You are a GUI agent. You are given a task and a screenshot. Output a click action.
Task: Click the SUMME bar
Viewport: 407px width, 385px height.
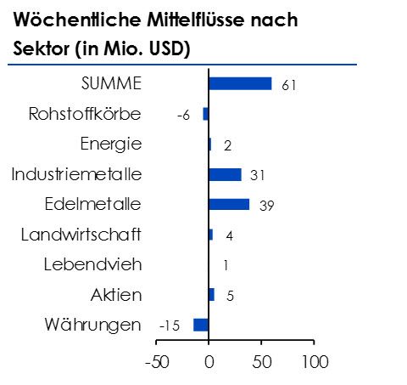pyautogui.click(x=240, y=83)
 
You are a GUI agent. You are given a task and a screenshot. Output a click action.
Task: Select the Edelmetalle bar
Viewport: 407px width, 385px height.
pyautogui.click(x=229, y=204)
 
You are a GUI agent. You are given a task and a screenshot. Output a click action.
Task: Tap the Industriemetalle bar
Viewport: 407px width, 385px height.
pyautogui.click(x=225, y=174)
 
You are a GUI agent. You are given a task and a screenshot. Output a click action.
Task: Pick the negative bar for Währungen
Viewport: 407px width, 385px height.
pyautogui.click(x=201, y=325)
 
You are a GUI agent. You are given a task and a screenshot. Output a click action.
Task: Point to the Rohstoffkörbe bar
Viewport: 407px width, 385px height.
pyautogui.click(x=205, y=114)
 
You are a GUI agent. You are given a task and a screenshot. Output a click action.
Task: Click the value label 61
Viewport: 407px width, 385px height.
pyautogui.click(x=288, y=85)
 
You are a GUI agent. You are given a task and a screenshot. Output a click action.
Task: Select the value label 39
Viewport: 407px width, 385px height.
pyautogui.click(x=266, y=206)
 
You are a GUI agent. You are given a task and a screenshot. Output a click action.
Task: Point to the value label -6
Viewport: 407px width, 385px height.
pyautogui.click(x=183, y=116)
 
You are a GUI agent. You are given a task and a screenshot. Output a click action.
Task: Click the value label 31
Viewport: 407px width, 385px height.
pyautogui.click(x=258, y=176)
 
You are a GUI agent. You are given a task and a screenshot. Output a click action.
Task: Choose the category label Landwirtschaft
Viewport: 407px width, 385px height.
pyautogui.click(x=81, y=235)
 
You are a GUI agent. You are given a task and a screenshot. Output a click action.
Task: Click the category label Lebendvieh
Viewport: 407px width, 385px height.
pyautogui.click(x=92, y=264)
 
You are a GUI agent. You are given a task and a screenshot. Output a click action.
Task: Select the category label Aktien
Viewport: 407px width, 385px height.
pyautogui.click(x=116, y=295)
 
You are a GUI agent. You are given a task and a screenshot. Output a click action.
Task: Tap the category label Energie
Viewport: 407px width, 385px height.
pyautogui.click(x=110, y=144)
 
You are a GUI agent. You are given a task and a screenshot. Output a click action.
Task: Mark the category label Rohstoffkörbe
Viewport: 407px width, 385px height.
pyautogui.click(x=85, y=114)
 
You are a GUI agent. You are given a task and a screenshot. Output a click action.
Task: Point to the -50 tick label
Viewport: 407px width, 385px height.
pyautogui.click(x=157, y=360)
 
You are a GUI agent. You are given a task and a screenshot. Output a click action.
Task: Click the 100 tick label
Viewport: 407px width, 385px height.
pyautogui.click(x=314, y=360)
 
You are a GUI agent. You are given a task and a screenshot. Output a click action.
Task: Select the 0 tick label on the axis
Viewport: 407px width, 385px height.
pyautogui.click(x=209, y=360)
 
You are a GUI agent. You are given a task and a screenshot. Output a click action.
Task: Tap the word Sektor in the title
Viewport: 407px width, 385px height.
pyautogui.click(x=41, y=48)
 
